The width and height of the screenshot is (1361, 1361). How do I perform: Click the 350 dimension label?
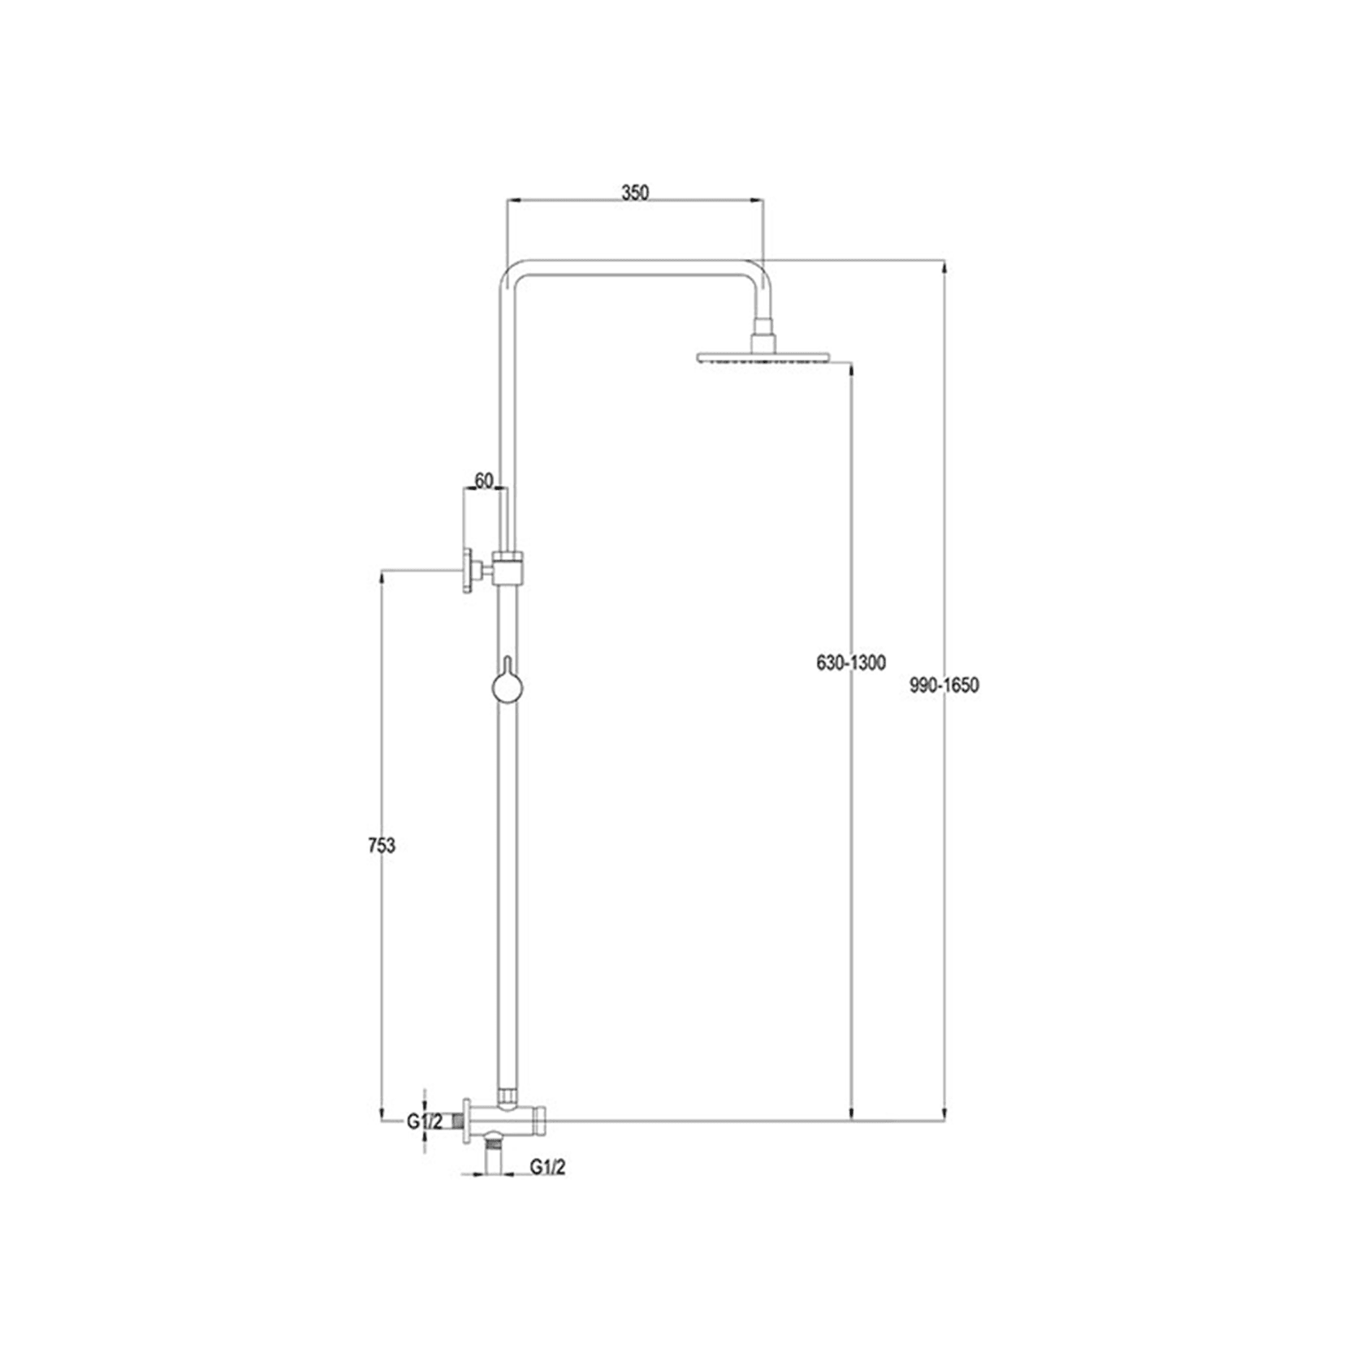tap(635, 192)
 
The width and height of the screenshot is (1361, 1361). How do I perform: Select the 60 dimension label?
tap(484, 481)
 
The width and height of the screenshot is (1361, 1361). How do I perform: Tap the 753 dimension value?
tap(381, 845)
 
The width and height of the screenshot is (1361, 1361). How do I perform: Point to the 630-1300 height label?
tap(851, 663)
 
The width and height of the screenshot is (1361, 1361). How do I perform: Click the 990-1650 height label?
tap(944, 685)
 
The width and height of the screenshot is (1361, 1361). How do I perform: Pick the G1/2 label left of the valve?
tap(425, 1121)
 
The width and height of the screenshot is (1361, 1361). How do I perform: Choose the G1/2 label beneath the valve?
tap(548, 1167)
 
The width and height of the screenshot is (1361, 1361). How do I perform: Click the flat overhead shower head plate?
tap(763, 356)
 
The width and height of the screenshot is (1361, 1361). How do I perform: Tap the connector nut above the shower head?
tap(763, 328)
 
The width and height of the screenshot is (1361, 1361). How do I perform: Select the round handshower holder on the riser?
tap(508, 689)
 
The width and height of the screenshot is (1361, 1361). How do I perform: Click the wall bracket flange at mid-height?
tap(468, 571)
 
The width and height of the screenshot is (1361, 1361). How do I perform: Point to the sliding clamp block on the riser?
tap(509, 568)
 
